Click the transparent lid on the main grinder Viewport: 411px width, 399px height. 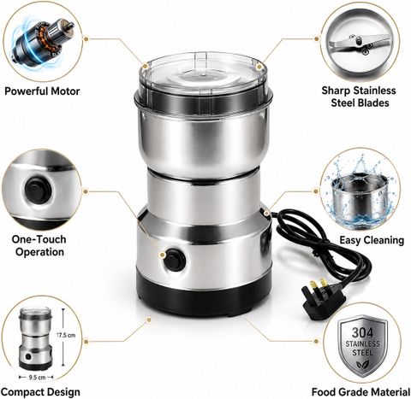coord(203,78)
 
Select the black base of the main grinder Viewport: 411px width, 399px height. coord(204,296)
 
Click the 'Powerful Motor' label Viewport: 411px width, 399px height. coord(42,91)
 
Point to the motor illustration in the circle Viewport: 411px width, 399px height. coord(42,40)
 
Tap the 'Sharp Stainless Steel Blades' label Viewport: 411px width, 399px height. coord(359,97)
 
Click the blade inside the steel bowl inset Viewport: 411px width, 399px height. coord(360,44)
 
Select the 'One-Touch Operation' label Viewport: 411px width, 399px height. coord(39,245)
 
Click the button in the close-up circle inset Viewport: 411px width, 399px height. coord(38,191)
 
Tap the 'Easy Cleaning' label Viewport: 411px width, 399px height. coord(372,240)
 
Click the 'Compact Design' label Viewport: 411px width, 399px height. coord(40,392)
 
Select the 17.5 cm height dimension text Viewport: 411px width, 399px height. coord(66,335)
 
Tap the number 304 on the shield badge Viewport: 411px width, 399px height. coord(362,332)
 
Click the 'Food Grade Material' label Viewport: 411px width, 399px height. coord(360,392)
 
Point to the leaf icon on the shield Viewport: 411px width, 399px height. coord(362,364)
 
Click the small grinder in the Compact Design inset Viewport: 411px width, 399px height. coord(36,338)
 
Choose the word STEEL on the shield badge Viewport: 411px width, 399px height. coord(362,353)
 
